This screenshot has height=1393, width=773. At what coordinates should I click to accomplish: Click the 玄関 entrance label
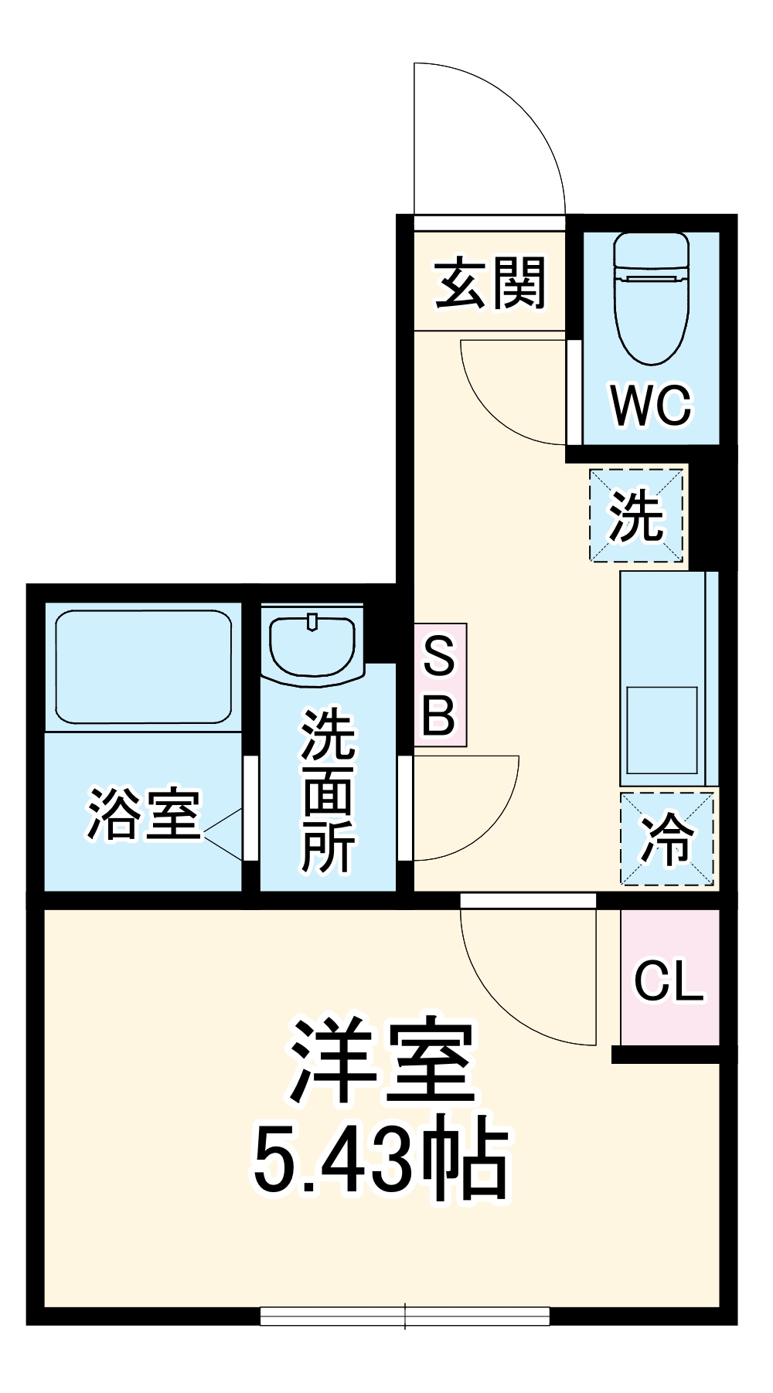tap(490, 284)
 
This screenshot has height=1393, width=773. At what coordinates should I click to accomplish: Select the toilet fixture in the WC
tap(651, 297)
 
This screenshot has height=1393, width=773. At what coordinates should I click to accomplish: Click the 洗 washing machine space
tap(636, 515)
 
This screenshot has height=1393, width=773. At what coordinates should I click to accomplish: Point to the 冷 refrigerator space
tap(667, 839)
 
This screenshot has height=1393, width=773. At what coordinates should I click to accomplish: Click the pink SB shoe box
tap(440, 685)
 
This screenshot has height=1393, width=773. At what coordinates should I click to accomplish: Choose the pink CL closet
tap(669, 979)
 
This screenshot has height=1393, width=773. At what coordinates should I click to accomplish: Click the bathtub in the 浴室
tap(144, 666)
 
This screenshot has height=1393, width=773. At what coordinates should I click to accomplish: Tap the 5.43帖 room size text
tap(382, 1159)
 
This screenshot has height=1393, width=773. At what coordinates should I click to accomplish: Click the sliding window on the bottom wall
tap(405, 1316)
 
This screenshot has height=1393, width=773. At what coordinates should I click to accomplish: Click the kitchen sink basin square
tap(662, 729)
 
